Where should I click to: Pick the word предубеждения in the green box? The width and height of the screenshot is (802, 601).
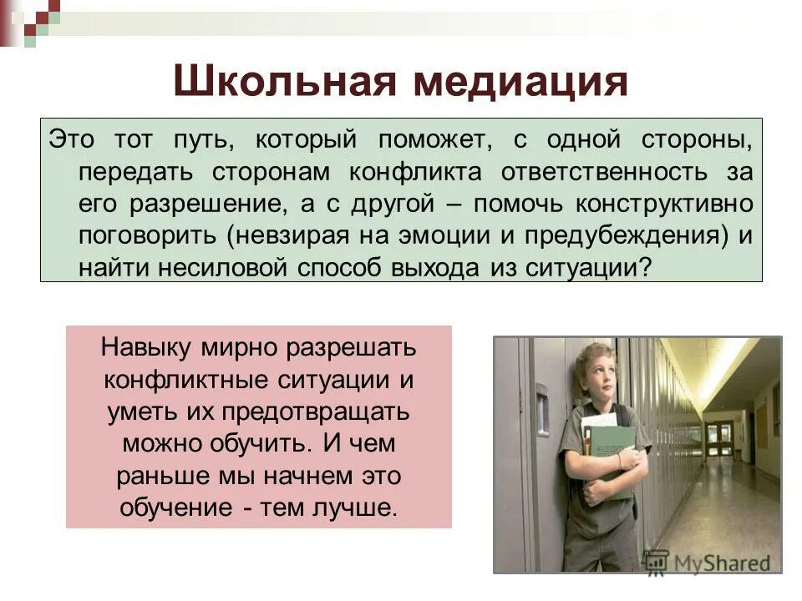click(622, 235)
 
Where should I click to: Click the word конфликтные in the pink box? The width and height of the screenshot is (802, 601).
click(185, 380)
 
